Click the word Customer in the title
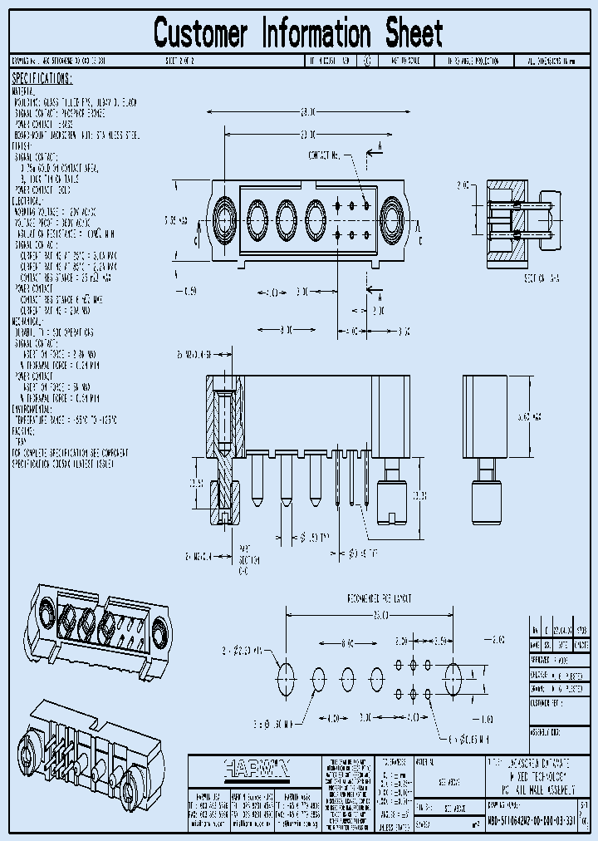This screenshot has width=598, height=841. point(201,34)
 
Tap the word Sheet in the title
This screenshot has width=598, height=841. point(414,34)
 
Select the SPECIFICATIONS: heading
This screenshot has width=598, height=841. point(42,78)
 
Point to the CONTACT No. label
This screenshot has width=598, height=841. point(325,155)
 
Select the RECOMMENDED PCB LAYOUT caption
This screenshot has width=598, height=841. point(380,598)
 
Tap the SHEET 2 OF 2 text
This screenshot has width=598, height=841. point(181,61)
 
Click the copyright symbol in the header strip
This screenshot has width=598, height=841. point(367,61)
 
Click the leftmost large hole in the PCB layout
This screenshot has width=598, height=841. point(286,673)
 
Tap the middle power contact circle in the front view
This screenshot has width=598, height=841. point(286,219)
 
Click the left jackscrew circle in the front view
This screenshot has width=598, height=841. point(224,219)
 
